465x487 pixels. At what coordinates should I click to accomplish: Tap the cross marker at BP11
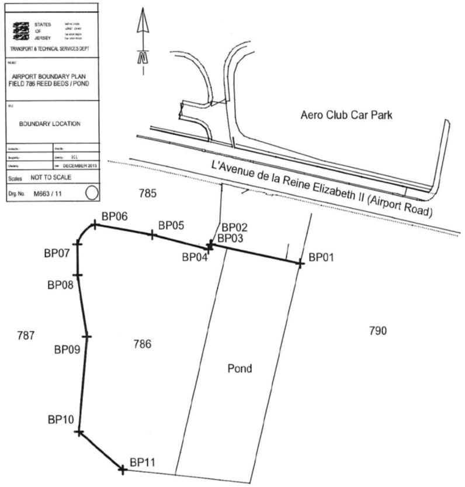tap(123, 468)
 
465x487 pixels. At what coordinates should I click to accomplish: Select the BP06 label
tap(114, 216)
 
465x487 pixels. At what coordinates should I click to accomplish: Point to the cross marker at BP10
tap(78, 433)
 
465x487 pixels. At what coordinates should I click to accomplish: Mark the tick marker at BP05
tap(152, 234)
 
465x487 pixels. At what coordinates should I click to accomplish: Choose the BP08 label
tap(60, 285)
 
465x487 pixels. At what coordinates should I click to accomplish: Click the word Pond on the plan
tap(240, 369)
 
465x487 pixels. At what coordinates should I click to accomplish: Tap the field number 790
tap(378, 331)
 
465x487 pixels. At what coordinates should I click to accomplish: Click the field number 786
tap(143, 344)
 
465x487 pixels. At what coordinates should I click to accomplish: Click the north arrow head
tap(142, 22)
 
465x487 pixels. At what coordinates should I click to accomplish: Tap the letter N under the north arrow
tap(142, 57)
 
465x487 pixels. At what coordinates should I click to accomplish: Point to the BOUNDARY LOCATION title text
tap(50, 124)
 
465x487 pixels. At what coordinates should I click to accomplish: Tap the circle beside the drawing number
tap(91, 192)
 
